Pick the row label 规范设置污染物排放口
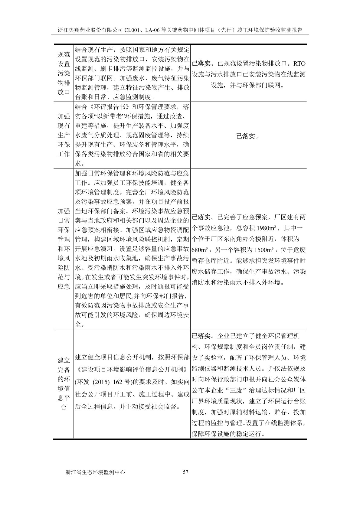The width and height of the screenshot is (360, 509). pyautogui.click(x=64, y=73)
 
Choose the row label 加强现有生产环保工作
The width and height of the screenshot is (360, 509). pyautogui.click(x=64, y=135)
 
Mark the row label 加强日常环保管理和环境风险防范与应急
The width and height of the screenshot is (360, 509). pyautogui.click(x=64, y=249)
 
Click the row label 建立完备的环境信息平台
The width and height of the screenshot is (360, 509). pyautogui.click(x=64, y=384)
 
